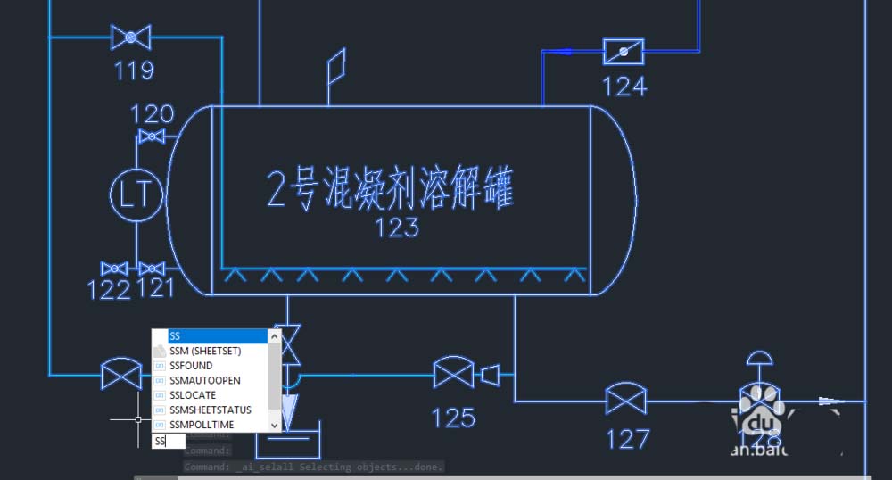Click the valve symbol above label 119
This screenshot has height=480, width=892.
pos(131,37)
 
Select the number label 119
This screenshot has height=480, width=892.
pos(134,70)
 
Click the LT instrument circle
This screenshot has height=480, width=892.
pos(135,195)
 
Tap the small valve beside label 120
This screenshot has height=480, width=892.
pos(153,137)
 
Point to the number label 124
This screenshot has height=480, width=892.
pos(624,87)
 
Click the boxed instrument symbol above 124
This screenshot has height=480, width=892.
pos(624,52)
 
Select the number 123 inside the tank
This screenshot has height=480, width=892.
pos(397,228)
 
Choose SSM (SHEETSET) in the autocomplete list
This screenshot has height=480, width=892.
pos(205,351)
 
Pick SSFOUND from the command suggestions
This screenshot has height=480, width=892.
pos(191,366)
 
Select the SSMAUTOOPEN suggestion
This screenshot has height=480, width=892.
pos(204,380)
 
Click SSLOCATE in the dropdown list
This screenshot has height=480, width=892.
pos(193,395)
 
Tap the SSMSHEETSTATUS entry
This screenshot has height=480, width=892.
pos(210,410)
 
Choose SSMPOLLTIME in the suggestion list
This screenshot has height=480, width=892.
pos(202,425)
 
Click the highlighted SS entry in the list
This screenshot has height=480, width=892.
pos(175,336)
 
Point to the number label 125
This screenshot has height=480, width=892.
pos(453,417)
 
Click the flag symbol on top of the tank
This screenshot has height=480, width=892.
pos(335,66)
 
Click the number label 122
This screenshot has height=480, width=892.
pos(109,289)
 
